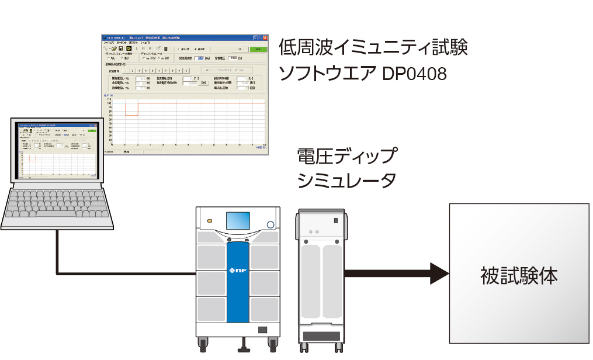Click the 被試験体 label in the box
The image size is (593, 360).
519,275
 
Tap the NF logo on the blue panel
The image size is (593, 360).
238,269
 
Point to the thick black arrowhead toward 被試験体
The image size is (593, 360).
438,273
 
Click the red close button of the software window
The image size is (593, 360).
265,37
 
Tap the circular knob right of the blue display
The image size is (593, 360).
271,225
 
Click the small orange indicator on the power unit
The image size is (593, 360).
209,221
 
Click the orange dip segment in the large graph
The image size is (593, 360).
131,115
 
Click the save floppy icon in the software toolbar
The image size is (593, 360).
120,49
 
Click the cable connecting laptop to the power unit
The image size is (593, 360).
57,251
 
